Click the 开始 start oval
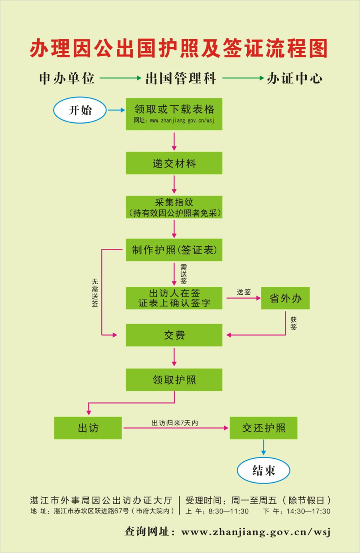pos(80,110)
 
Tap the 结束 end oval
pos(263,470)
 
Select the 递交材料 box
pos(174,163)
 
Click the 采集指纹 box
pos(174,207)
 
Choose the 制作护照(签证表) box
pos(174,250)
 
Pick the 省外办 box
pos(285,298)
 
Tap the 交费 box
pos(174,335)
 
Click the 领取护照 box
pos(174,379)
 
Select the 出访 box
pos(88,428)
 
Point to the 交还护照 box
pos(263,428)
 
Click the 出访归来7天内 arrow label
pos(174,423)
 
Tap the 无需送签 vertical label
pos(95,293)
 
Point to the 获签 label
pos(294,323)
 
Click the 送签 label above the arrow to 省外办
pos(244,292)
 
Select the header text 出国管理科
pos(181,78)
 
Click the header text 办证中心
pos(294,78)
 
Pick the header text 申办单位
pos(67,78)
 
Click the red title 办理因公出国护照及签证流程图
pos(179,48)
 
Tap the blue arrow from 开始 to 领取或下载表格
pos(116,110)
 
